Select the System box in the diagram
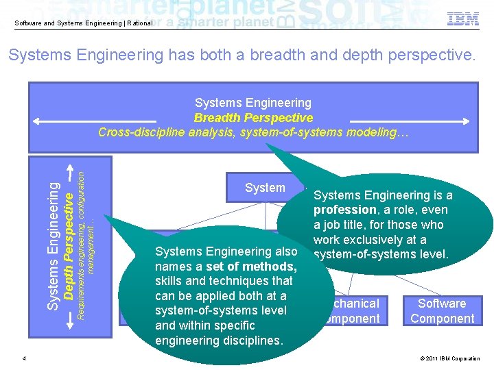[x=265, y=188]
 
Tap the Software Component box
[x=442, y=311]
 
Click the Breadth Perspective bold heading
[x=253, y=118]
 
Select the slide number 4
[x=24, y=358]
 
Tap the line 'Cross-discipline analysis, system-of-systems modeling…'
[x=253, y=132]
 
